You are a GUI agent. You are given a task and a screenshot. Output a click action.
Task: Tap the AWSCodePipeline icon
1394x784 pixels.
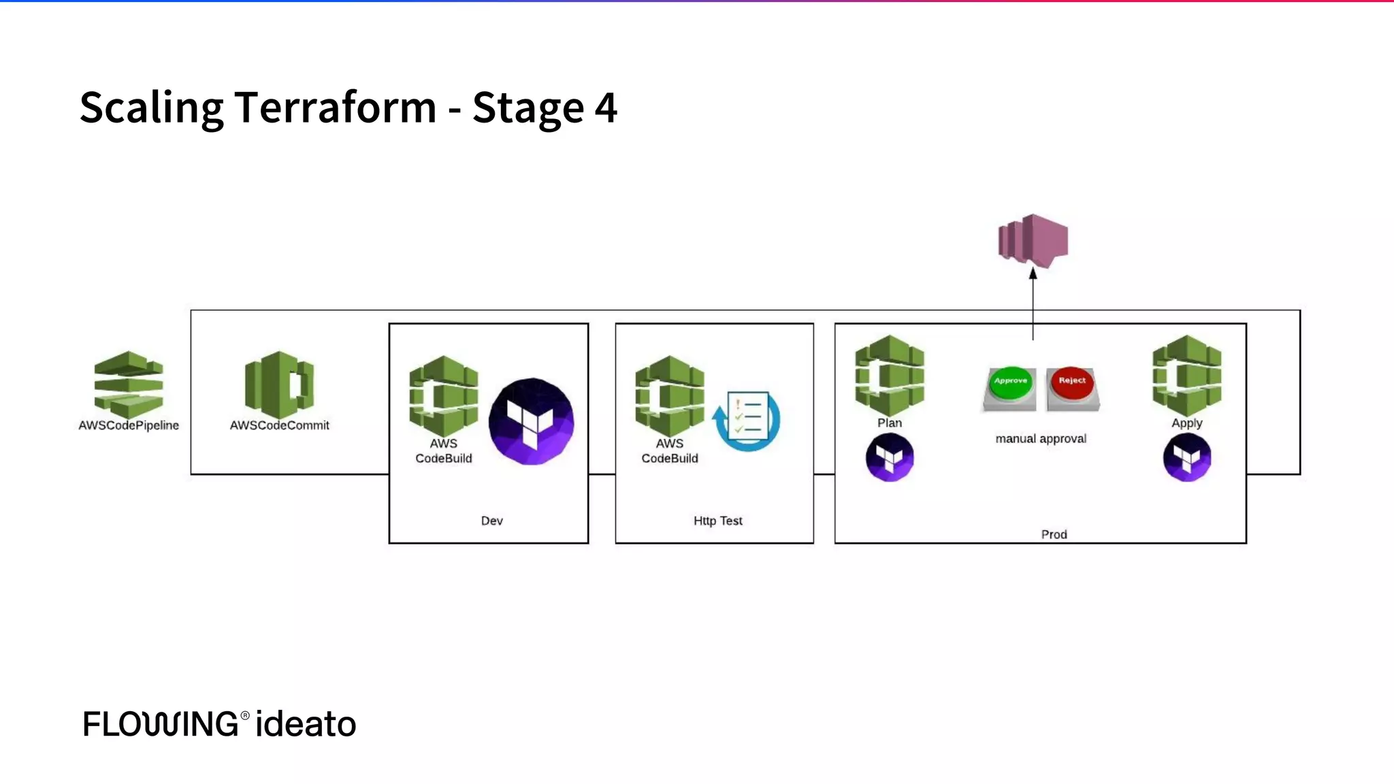[129, 385]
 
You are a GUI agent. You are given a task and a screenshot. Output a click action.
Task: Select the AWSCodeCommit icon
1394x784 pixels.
[279, 385]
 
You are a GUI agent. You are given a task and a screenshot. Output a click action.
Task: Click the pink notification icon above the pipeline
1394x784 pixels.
[1033, 240]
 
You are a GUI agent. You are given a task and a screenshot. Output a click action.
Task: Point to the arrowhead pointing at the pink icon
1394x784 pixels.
[1033, 274]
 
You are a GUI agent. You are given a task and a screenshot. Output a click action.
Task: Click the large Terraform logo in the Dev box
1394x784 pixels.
[531, 421]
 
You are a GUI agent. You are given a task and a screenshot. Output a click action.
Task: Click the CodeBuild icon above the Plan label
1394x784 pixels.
[889, 375]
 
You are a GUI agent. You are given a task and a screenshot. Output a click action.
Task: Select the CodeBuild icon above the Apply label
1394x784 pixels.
[1186, 375]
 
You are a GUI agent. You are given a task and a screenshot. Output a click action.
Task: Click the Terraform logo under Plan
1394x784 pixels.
[889, 457]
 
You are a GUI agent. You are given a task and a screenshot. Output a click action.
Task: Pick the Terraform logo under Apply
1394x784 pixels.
[1186, 457]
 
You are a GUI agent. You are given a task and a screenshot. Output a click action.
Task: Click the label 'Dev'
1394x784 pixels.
[491, 521]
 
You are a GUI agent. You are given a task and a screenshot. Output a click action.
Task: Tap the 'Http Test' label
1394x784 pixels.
[717, 521]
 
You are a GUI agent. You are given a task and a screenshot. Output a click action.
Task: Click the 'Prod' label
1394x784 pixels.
[1054, 534]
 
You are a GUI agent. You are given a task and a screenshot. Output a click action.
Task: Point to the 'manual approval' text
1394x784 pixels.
[1041, 439]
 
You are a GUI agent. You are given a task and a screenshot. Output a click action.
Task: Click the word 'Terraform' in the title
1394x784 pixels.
[336, 108]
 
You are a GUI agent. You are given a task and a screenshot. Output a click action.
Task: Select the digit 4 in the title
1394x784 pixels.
[606, 108]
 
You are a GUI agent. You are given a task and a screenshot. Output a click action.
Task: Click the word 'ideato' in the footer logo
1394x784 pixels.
[306, 723]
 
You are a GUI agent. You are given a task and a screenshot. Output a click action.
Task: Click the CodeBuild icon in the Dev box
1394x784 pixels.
[443, 395]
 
